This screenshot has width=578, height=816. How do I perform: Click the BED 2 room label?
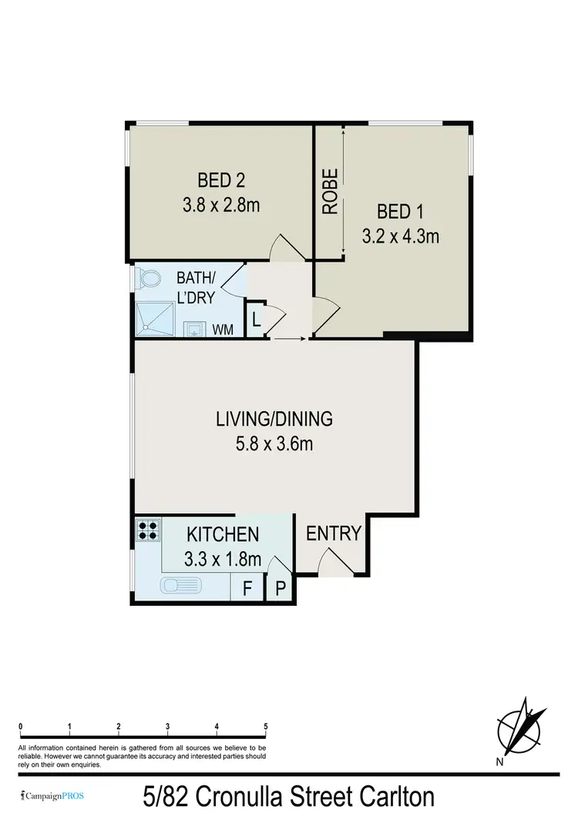click(x=221, y=181)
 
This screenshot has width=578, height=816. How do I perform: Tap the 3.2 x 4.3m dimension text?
click(x=400, y=236)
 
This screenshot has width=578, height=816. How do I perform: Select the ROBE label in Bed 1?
click(x=330, y=191)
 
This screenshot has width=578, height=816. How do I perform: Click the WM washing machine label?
click(x=223, y=330)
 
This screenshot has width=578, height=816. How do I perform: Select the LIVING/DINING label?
click(x=274, y=420)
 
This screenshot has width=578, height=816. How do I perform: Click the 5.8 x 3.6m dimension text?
click(x=274, y=444)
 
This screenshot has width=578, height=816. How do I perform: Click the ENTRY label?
click(x=334, y=533)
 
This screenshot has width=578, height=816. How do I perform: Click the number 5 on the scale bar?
click(x=265, y=726)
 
